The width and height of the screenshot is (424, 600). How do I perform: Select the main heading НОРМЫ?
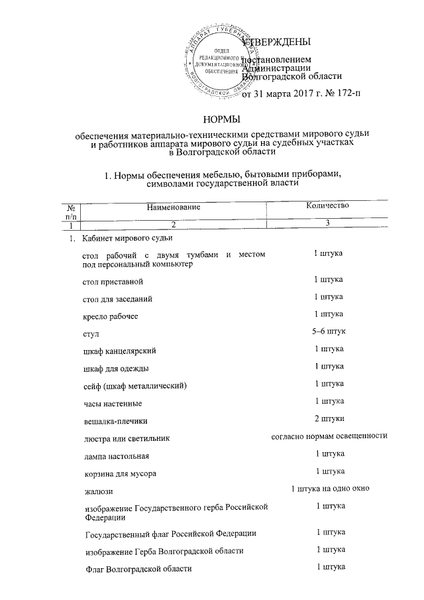coord(221,119)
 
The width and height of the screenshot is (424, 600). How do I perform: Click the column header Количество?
coord(327,206)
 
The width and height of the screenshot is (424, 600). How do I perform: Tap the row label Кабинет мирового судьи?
coord(128,238)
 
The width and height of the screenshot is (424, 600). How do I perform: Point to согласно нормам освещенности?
coord(329,436)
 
